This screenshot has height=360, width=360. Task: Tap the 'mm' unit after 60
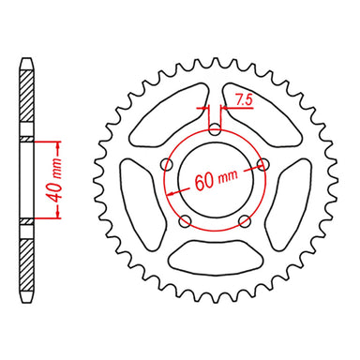pos(228,174)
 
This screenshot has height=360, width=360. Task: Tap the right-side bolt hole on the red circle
pos(262,166)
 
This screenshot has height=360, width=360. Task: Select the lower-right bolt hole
pos(245,221)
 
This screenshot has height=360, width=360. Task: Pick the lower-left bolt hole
pos(186,221)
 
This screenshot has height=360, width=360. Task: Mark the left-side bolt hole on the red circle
pos(168,166)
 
